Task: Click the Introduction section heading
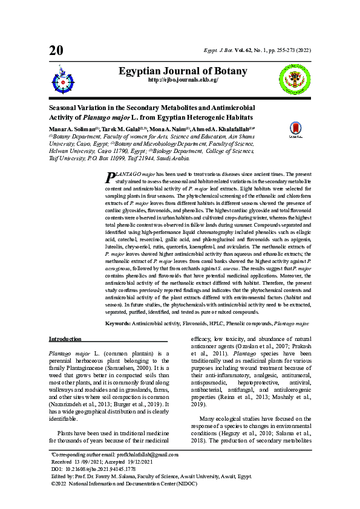[65, 339]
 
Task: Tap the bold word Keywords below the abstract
[118, 324]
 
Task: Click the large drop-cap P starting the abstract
[110, 177]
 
